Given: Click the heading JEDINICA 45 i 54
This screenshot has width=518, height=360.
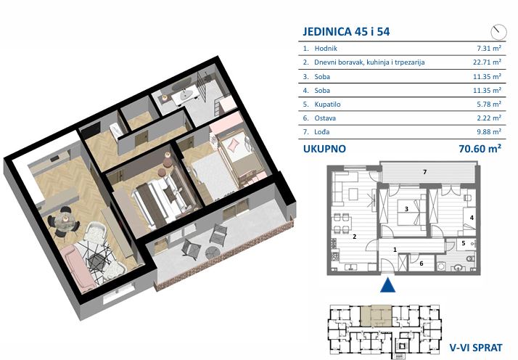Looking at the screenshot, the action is point(346,31).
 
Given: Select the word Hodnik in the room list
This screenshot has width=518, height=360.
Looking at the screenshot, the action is point(326,48).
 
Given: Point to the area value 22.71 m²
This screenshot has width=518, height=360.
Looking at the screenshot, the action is point(487,62).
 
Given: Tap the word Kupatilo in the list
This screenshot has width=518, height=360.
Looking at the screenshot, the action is point(327,104).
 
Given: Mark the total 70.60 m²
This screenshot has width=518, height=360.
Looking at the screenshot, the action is point(480,149).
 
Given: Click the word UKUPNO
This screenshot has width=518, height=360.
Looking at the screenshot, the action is point(324,149).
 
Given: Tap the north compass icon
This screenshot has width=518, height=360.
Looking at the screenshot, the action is point(498,32).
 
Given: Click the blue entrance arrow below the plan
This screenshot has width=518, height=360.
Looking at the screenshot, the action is point(387,285).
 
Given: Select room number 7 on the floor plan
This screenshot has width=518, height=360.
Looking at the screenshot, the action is point(425,172).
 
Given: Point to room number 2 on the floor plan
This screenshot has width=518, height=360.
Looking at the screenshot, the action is point(354,237).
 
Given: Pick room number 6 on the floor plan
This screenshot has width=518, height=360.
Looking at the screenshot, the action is point(422,263).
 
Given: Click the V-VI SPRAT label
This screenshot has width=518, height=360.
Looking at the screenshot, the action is point(476,348).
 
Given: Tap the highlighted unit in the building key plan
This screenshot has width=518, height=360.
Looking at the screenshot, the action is point(376,316).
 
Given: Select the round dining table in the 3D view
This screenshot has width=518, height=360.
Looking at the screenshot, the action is point(65,218).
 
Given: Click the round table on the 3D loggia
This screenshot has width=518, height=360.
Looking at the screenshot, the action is point(212,253).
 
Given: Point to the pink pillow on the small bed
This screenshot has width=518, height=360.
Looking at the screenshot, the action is point(233,144).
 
